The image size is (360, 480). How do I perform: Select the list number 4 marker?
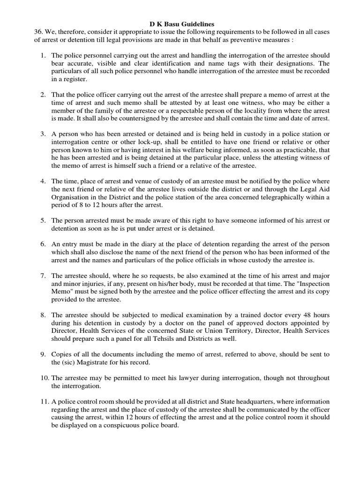click(43, 181)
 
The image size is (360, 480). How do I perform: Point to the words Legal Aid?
click(315, 189)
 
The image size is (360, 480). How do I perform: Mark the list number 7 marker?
click(43, 276)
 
